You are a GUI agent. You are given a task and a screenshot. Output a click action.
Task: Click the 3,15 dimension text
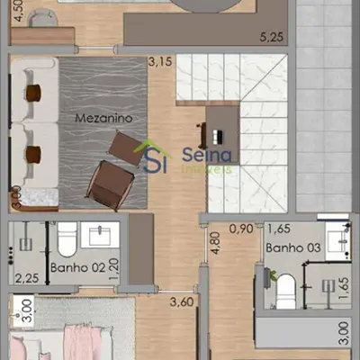[159, 62]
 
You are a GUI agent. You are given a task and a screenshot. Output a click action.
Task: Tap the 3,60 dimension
[184, 303]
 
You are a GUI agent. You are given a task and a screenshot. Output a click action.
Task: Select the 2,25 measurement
[26, 278]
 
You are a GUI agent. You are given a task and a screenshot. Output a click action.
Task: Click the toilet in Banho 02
[67, 240]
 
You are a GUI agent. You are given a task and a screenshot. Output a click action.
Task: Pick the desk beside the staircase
[223, 132]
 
